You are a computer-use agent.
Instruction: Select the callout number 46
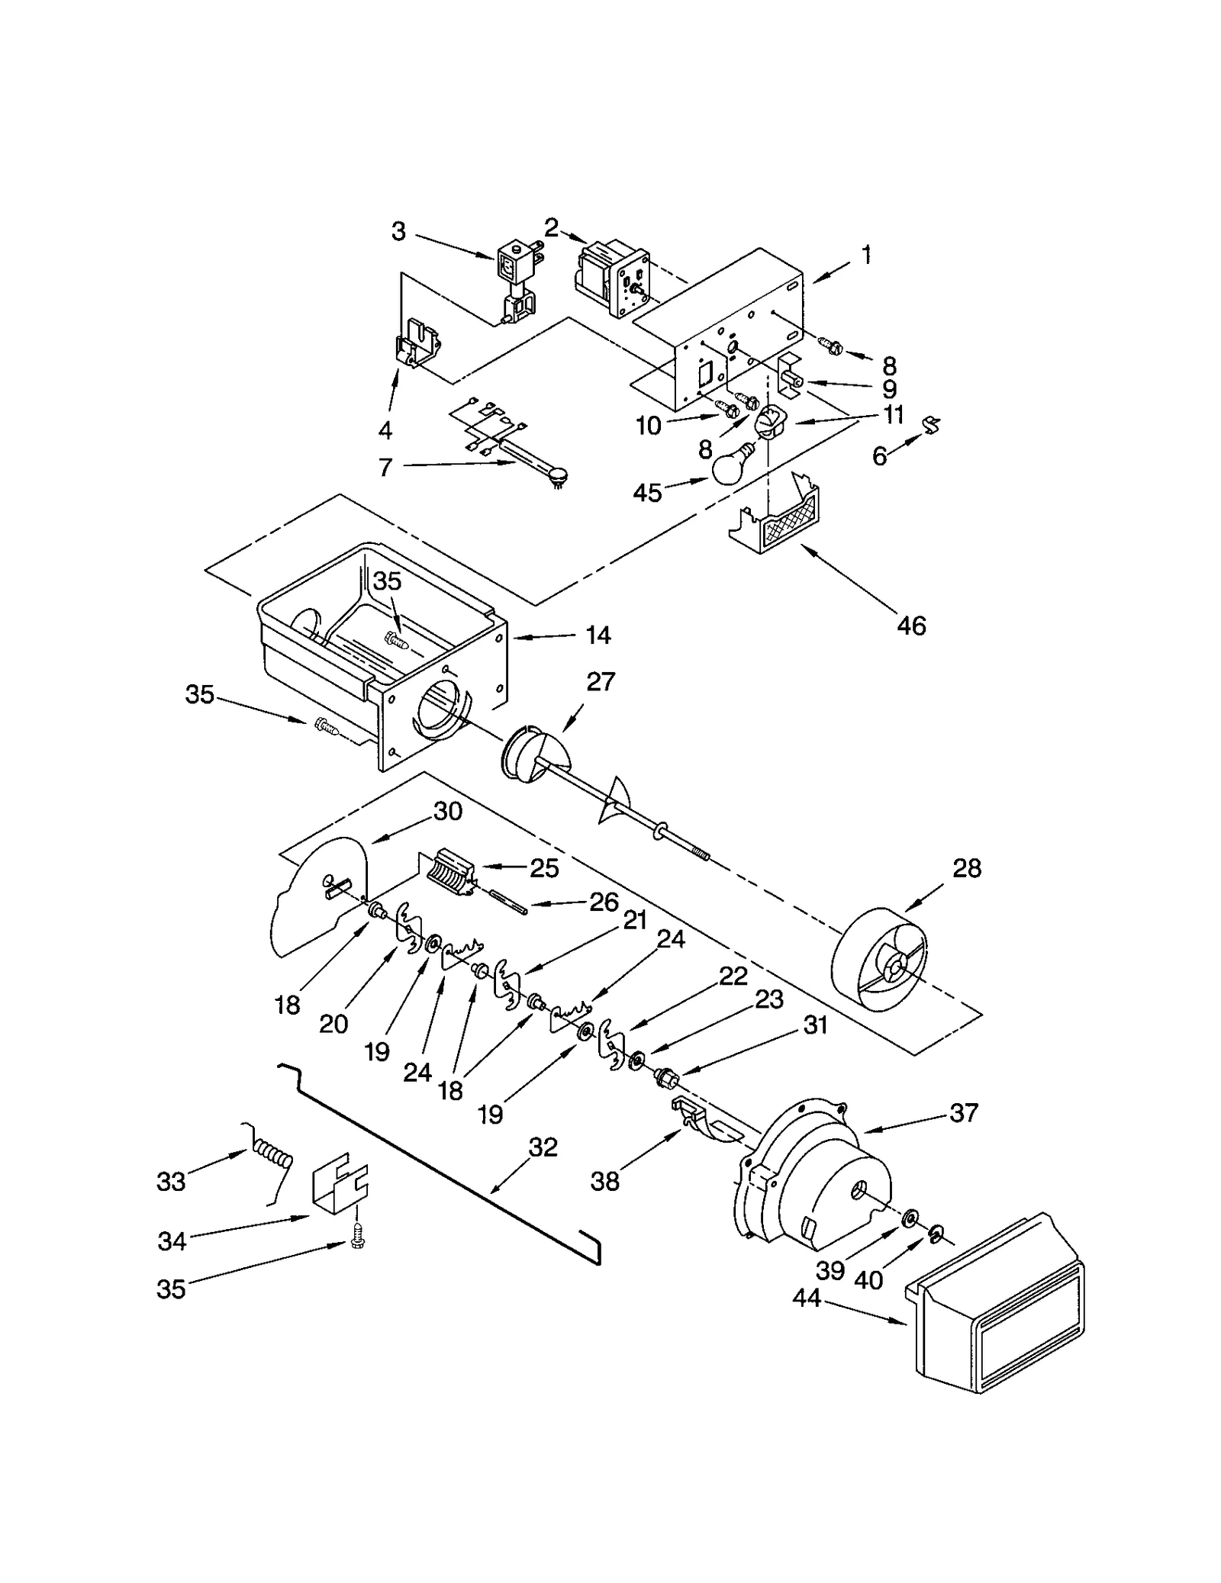click(911, 626)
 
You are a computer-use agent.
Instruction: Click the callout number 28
click(967, 868)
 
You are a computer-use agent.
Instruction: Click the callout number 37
click(964, 1113)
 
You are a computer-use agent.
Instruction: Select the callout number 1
click(866, 255)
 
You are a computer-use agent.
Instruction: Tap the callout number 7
click(385, 466)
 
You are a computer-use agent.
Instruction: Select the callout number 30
click(448, 812)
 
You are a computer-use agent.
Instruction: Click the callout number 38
click(605, 1181)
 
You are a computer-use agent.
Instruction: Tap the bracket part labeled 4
click(417, 345)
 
